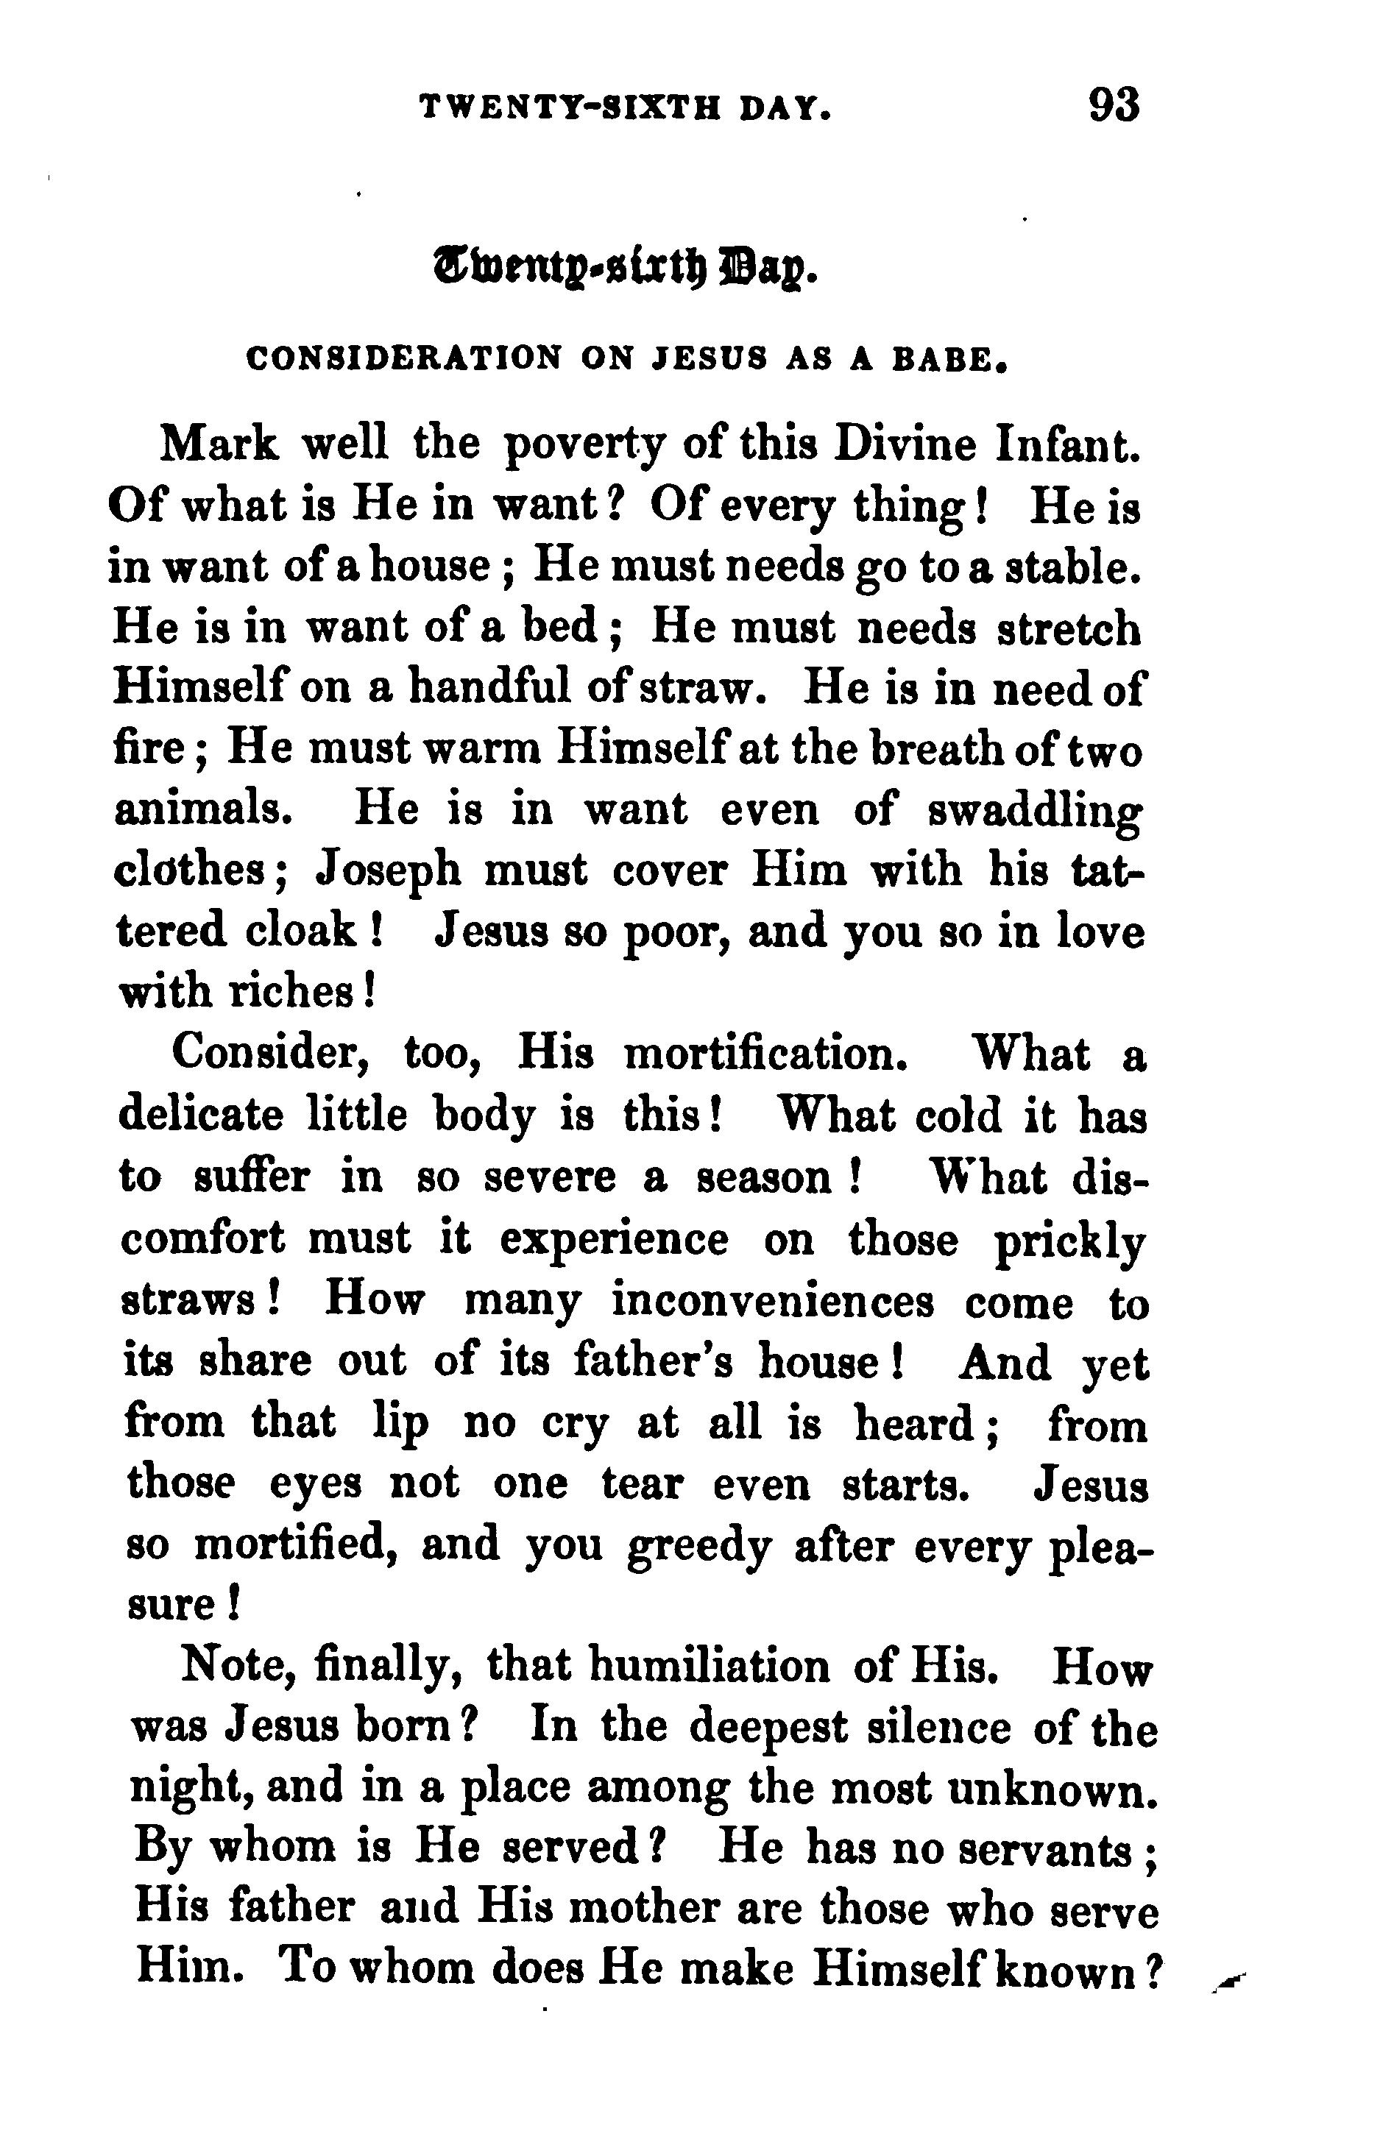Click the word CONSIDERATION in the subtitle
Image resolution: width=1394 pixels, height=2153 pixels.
pos(403,359)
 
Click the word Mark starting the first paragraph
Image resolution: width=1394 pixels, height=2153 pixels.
pos(217,445)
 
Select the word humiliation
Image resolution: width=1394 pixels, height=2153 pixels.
pos(708,1667)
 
